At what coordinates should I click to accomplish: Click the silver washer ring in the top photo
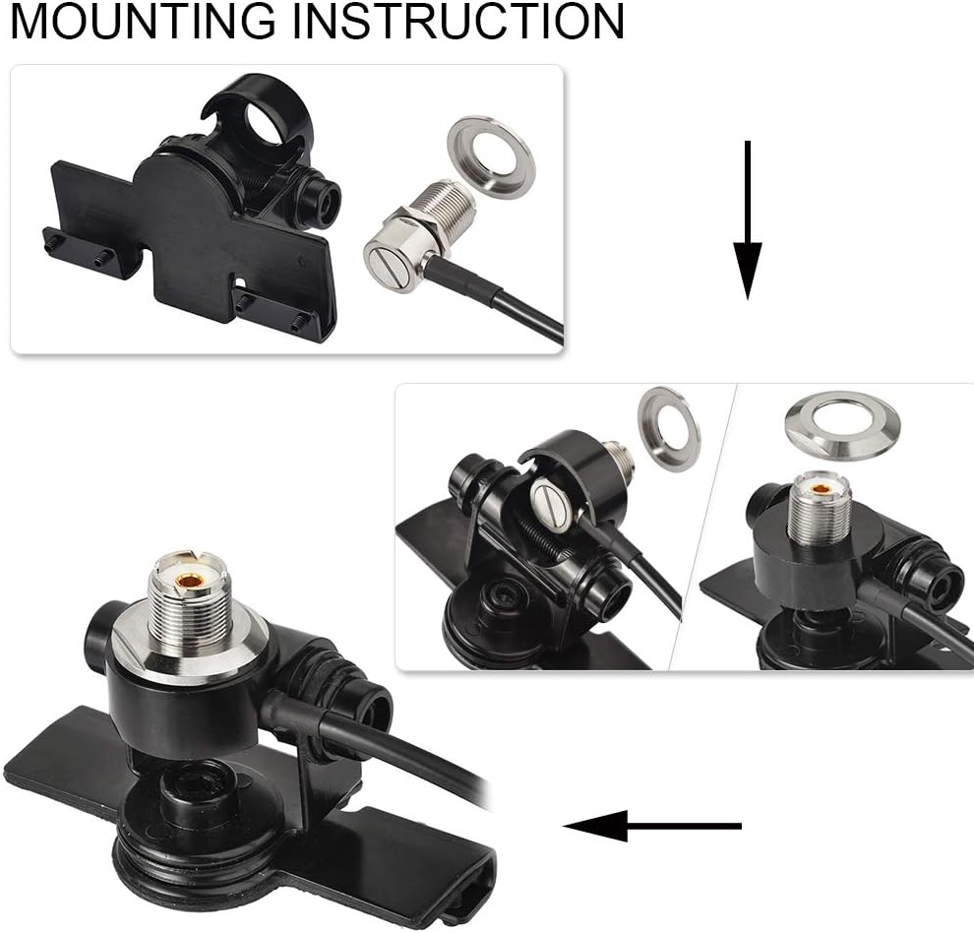coord(491,156)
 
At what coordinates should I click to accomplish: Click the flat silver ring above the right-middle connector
coord(841,424)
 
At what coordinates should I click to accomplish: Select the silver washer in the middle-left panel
coord(669,428)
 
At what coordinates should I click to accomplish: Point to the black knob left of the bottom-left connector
coord(102,631)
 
